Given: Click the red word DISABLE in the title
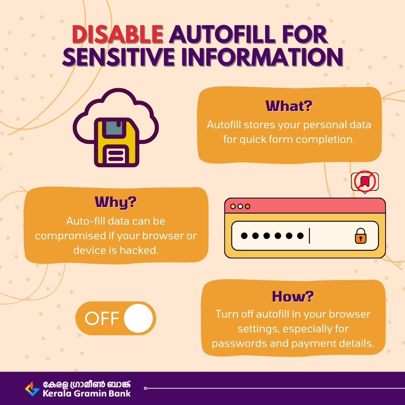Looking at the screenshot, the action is [x=117, y=34].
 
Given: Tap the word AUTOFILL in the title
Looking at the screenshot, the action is [x=222, y=34].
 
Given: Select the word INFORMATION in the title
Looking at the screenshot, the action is [x=262, y=57].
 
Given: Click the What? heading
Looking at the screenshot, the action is [x=289, y=106].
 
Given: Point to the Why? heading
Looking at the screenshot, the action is [x=115, y=202].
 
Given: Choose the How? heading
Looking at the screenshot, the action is [x=293, y=296].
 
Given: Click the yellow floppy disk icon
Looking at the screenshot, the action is [x=117, y=142].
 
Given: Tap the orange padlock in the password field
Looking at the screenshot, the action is [x=361, y=236].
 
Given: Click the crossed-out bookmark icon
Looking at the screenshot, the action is [x=365, y=181].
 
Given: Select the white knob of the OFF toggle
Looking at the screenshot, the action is [x=138, y=318].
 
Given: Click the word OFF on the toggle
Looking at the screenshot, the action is [x=102, y=318].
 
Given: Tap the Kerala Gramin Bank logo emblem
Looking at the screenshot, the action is [x=32, y=389].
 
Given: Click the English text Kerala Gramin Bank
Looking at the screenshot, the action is [x=87, y=393].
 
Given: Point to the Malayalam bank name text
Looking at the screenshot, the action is [x=87, y=385].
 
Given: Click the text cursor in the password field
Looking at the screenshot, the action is [x=309, y=236].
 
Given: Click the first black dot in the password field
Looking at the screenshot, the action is [x=244, y=235].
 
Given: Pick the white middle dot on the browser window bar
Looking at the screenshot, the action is [x=240, y=206].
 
